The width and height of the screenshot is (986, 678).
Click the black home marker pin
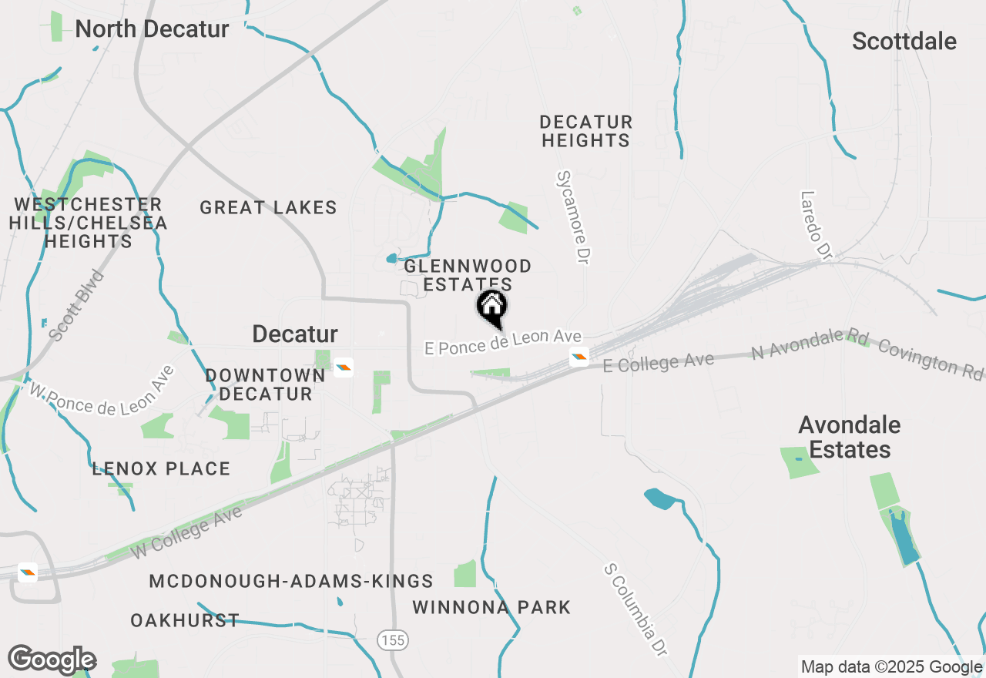pyautogui.click(x=492, y=307)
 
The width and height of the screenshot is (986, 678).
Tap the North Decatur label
pyautogui.click(x=152, y=29)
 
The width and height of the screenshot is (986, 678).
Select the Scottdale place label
pyautogui.click(x=904, y=42)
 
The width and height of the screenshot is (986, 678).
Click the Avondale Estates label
pyautogui.click(x=849, y=437)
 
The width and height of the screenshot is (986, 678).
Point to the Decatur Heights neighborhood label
pyautogui.click(x=585, y=131)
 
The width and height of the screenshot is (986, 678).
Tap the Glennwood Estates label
pyautogui.click(x=468, y=275)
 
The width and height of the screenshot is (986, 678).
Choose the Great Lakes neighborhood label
pyautogui.click(x=268, y=207)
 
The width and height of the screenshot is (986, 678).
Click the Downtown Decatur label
pyautogui.click(x=265, y=384)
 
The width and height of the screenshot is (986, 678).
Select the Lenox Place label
pyautogui.click(x=161, y=468)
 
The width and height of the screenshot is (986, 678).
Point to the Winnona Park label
pyautogui.click(x=491, y=607)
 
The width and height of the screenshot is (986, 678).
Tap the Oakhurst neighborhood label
pyautogui.click(x=185, y=620)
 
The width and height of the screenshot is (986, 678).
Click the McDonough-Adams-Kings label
pyautogui.click(x=291, y=581)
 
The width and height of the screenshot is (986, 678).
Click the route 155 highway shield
pyautogui.click(x=392, y=639)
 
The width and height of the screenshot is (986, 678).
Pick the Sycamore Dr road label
pyautogui.click(x=571, y=218)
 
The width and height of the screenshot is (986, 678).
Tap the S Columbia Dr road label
pyautogui.click(x=635, y=609)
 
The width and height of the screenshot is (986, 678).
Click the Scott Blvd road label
pyautogui.click(x=75, y=305)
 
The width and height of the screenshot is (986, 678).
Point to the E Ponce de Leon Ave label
pyautogui.click(x=502, y=344)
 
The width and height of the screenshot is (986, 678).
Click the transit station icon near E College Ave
pyautogui.click(x=579, y=357)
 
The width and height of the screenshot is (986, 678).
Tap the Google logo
pyautogui.click(x=52, y=660)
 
